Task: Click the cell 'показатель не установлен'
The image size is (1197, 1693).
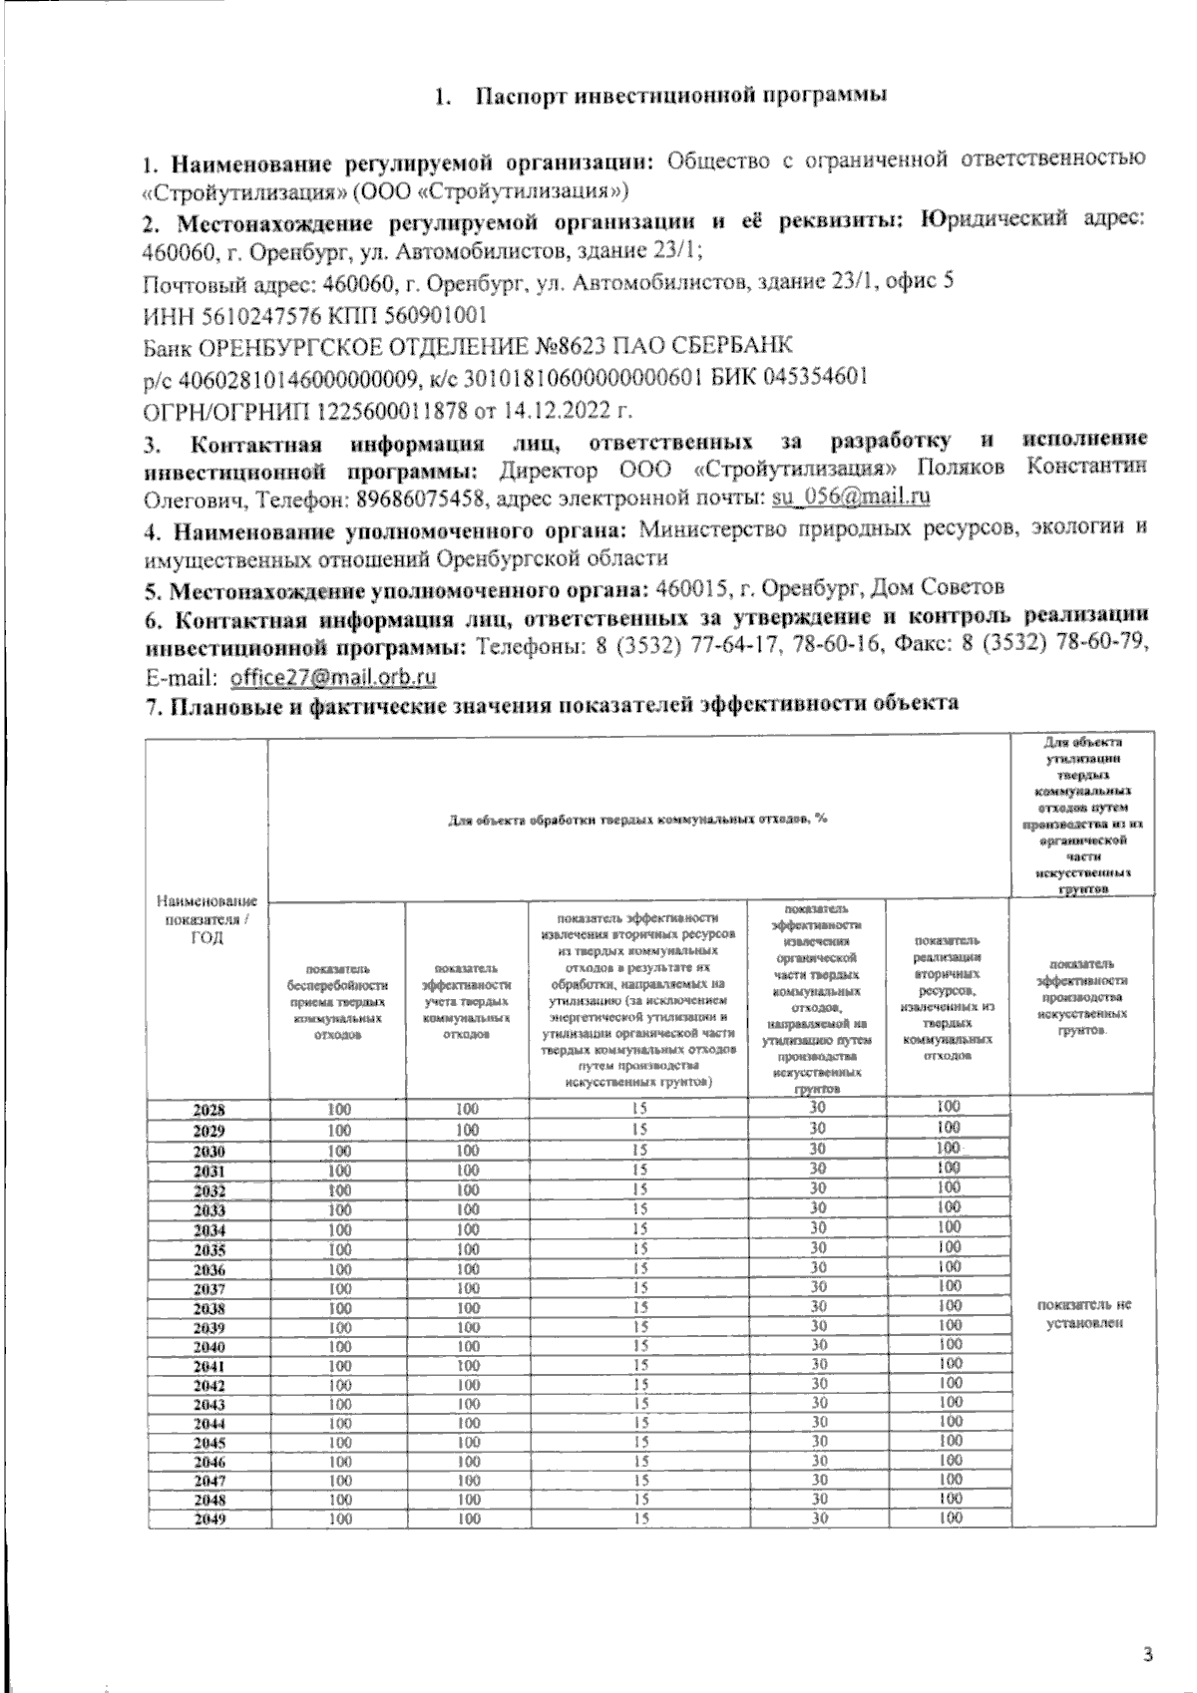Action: (x=1084, y=1314)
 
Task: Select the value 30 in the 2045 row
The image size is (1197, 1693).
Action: (x=817, y=1442)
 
